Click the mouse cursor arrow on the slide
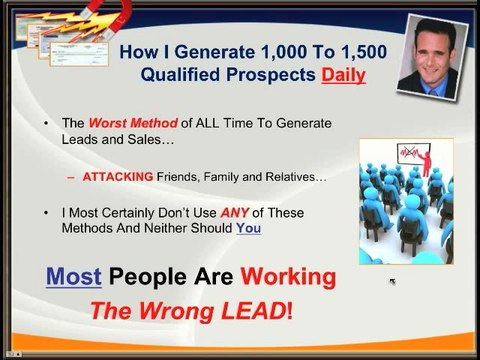392,282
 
